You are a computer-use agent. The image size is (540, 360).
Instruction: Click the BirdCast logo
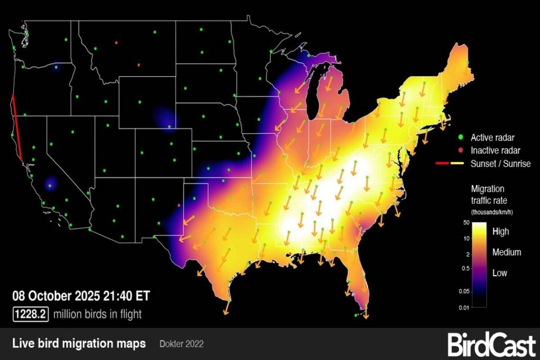491,345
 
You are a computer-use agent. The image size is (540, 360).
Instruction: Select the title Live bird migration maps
79,344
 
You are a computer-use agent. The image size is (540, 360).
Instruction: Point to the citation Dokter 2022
181,345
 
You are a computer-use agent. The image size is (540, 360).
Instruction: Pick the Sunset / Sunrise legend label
500,164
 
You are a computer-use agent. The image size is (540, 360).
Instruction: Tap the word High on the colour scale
500,231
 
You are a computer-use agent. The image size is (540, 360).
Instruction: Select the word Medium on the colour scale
507,252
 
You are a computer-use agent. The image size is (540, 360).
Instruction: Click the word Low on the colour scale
499,273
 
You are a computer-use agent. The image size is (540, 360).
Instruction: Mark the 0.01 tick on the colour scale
464,307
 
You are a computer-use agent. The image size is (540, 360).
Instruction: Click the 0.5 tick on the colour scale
465,269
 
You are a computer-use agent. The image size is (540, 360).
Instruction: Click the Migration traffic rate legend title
487,194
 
